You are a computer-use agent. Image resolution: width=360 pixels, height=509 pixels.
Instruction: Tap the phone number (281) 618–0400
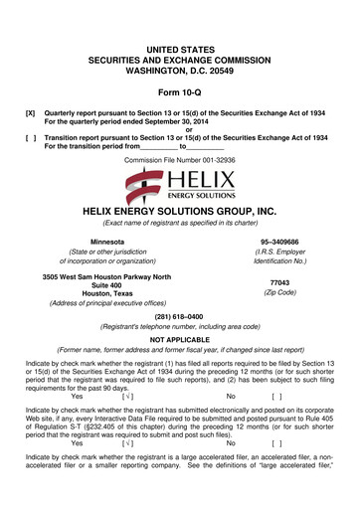pos(180,326)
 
